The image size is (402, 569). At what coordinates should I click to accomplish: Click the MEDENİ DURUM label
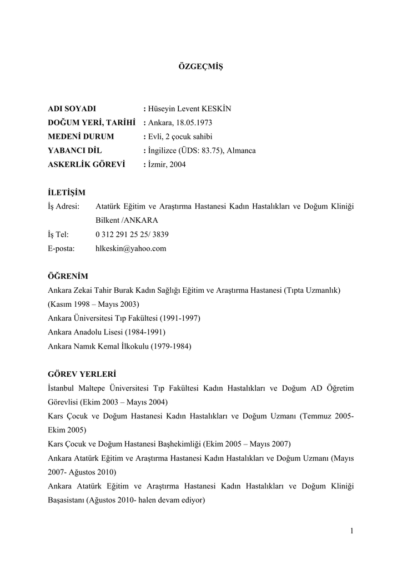click(x=81, y=137)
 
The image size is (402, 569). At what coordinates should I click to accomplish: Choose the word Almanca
click(x=241, y=151)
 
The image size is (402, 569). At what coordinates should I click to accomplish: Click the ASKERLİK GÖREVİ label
click(x=87, y=164)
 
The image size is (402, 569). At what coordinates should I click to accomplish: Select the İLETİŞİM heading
click(x=67, y=193)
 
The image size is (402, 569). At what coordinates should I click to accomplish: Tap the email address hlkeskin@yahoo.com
click(x=131, y=248)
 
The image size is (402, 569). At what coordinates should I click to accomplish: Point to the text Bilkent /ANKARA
click(x=127, y=221)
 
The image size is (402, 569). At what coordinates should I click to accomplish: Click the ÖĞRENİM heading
click(x=68, y=276)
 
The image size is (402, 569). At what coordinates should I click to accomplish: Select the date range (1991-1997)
click(x=180, y=318)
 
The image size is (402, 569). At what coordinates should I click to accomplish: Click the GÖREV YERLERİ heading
click(x=82, y=374)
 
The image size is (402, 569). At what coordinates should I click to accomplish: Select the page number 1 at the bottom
click(x=352, y=532)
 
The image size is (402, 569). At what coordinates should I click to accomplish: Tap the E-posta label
click(x=61, y=248)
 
